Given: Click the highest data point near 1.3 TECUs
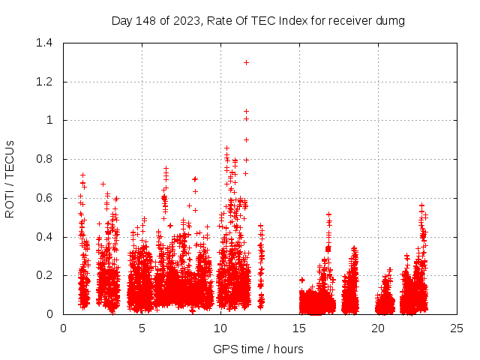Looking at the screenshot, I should pos(246,62).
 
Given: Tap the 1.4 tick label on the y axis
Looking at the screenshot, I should pos(44,43).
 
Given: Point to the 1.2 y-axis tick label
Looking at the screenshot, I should pos(44,82).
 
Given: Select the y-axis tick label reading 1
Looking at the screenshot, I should pos(49,120).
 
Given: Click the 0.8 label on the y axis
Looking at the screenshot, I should pos(44,159).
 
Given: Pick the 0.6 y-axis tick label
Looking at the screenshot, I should pos(44,198).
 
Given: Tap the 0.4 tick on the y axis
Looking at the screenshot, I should pos(44,237).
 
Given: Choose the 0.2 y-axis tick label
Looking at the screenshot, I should pos(44,275).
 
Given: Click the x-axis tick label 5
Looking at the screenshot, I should pos(142,328).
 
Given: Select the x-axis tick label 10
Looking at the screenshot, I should pos(220,328).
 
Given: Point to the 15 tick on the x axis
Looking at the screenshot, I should pos(299,328).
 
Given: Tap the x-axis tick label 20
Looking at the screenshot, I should pos(378,328).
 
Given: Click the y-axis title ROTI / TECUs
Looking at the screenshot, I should pos(10,178).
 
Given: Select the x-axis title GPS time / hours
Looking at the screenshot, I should pos(258,349).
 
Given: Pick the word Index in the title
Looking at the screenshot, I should pos(293,21).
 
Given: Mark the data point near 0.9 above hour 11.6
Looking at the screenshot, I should pos(246,139).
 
